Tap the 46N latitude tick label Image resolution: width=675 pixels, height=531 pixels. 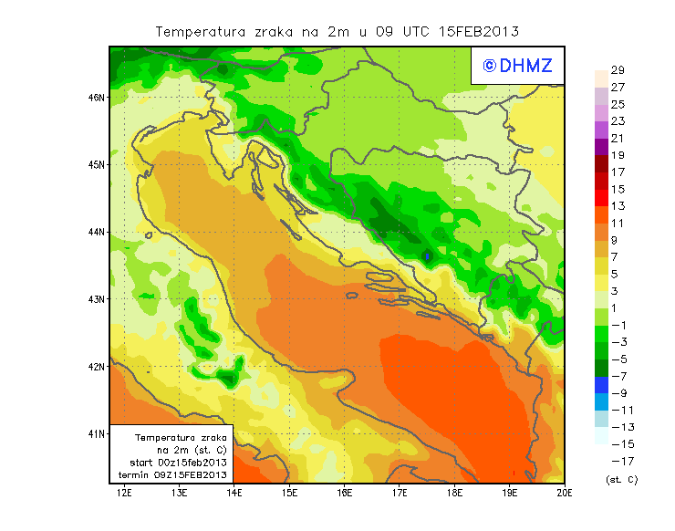(98, 97)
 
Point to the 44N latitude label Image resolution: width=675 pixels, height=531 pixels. (98, 232)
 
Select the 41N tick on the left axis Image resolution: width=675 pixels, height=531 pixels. (98, 433)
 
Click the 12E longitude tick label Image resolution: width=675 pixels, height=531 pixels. (125, 493)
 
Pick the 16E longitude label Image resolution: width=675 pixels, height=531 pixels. (345, 493)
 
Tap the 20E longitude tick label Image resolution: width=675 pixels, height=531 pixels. (566, 493)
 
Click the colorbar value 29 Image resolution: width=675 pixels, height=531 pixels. (617, 70)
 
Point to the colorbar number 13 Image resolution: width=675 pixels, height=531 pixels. (617, 206)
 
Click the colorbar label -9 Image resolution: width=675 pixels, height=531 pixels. (618, 393)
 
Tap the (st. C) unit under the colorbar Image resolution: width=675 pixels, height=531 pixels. (621, 479)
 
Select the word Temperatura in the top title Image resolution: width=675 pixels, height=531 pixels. (201, 31)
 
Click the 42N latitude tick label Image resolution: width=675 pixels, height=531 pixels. (98, 366)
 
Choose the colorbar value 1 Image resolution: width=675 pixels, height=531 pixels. (617, 308)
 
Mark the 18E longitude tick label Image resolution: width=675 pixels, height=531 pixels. (455, 493)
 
